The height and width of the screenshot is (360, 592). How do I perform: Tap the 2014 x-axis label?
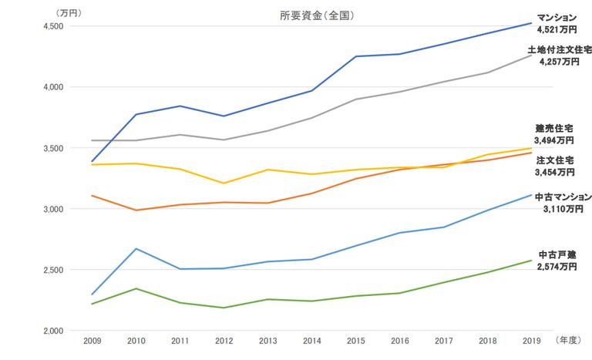coord(311,340)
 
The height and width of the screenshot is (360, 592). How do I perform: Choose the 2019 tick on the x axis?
coord(531,340)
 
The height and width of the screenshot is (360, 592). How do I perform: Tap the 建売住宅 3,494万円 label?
coord(554,134)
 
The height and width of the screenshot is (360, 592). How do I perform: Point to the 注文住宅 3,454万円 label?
coord(554,166)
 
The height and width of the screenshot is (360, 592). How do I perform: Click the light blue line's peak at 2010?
coord(136,248)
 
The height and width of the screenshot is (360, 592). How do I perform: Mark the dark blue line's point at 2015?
coord(355,56)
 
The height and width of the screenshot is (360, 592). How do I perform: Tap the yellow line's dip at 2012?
coord(224,183)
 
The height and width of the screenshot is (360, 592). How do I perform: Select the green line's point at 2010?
coord(136,288)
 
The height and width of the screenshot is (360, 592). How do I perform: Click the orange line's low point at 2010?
coord(136,210)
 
